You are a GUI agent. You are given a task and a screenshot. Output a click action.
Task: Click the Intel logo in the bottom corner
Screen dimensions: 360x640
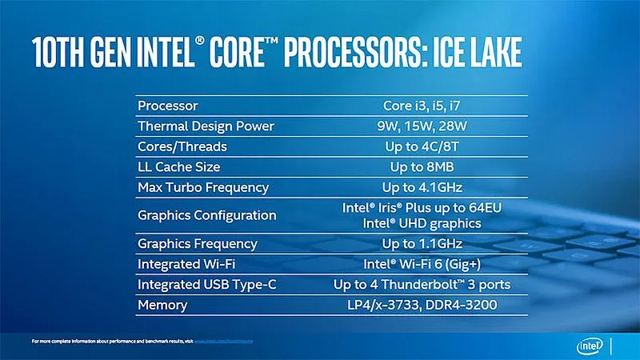pos(592,346)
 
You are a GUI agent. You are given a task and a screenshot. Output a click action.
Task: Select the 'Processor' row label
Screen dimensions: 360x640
pos(167,106)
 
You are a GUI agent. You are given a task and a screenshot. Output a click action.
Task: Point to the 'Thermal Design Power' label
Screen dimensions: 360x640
pos(206,126)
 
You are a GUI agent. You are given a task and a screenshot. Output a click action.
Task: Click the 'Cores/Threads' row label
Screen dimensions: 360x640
pos(182,147)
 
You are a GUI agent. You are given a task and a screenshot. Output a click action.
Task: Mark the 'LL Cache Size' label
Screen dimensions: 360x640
pos(178,167)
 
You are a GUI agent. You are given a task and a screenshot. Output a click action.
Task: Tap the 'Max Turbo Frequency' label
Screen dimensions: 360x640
pos(203,188)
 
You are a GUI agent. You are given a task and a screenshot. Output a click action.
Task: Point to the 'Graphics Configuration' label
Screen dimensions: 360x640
pos(207,215)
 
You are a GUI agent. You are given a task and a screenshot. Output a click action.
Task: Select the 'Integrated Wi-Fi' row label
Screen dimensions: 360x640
pos(187,263)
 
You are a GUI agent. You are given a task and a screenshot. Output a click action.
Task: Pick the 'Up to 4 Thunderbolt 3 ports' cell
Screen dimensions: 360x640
pos(422,284)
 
